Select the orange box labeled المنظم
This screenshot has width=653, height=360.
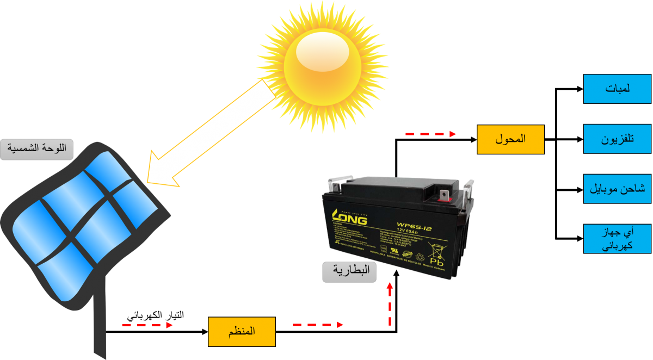point(242,331)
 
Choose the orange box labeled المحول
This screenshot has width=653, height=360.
point(510,139)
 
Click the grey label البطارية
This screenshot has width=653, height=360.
point(350,272)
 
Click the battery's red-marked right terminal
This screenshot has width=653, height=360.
point(443,196)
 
